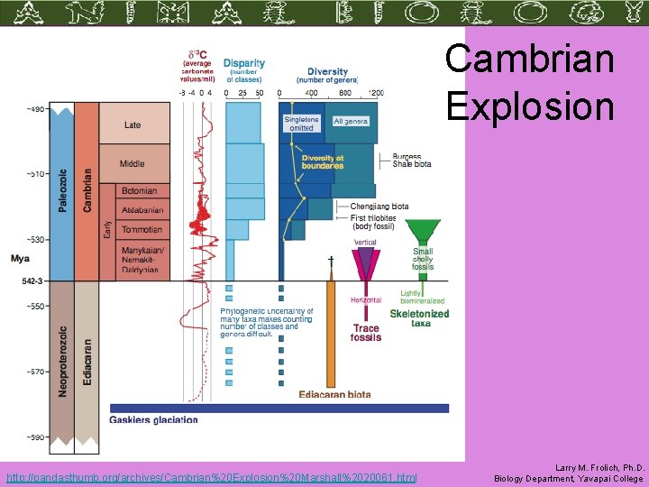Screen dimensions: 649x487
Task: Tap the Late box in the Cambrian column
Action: pos(133,125)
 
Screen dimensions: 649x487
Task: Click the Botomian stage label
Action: pos(139,191)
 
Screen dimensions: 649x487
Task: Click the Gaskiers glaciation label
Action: pos(153,419)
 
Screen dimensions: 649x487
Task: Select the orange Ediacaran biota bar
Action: pos(331,334)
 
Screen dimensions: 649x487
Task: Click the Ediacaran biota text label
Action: pos(334,394)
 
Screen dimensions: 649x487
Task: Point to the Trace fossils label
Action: pos(366,333)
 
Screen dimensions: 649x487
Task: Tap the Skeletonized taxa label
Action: pos(419,317)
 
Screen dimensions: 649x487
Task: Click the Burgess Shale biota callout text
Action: pos(411,161)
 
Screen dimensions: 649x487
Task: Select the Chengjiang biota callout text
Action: pos(379,207)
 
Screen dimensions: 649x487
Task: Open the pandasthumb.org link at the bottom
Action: pos(211,476)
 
